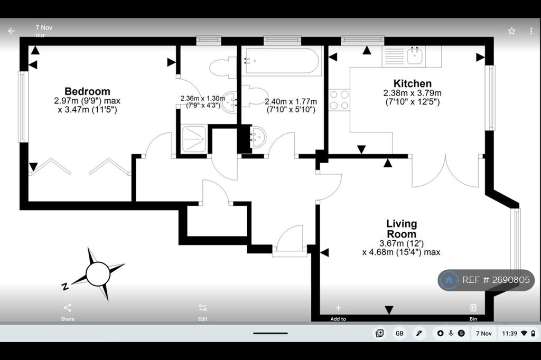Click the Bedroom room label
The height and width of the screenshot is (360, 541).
pos(87,91)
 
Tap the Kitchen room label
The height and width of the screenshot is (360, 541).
pos(412,83)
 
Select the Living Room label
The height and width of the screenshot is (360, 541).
pos(402,229)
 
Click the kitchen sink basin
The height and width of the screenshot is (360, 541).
pos(415,56)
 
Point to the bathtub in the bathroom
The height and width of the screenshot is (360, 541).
pos(282,61)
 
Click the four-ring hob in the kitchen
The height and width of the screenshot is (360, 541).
pos(339,100)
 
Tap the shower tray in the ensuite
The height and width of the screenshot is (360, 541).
pos(194,139)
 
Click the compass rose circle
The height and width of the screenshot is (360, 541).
pos(98,274)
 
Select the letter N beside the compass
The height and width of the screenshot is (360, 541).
pos(64,286)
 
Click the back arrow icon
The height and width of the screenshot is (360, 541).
pos(12,31)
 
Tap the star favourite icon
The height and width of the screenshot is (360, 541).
pos(511,31)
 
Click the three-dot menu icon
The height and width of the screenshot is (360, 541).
pos(531,31)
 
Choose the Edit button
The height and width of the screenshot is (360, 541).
pos(203,312)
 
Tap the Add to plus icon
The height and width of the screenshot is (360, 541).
pos(338,308)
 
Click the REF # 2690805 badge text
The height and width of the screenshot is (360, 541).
pos(496,280)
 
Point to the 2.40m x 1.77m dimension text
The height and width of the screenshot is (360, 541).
pos(291,106)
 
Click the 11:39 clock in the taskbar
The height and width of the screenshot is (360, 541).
pos(510,334)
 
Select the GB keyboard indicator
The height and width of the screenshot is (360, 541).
pos(399,334)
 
